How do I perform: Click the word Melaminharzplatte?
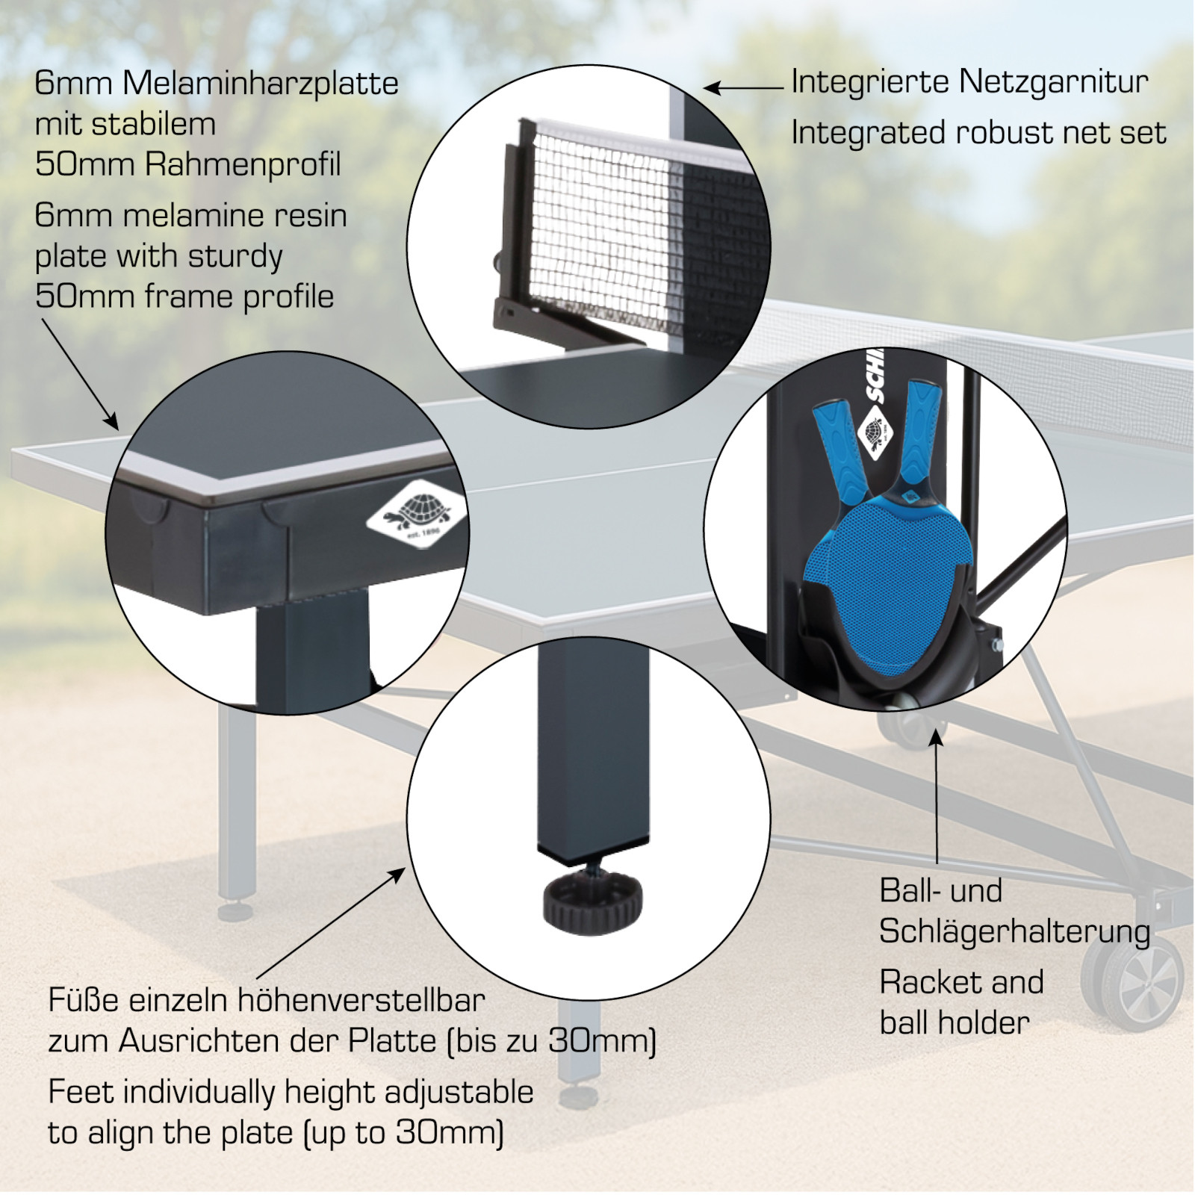261,83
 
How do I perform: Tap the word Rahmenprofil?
243,164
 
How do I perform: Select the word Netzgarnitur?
1054,82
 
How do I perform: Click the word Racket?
928,981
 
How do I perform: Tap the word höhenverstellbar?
361,999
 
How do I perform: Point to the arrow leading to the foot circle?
332,923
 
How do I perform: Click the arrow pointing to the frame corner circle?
80,373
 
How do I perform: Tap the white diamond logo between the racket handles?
875,433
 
